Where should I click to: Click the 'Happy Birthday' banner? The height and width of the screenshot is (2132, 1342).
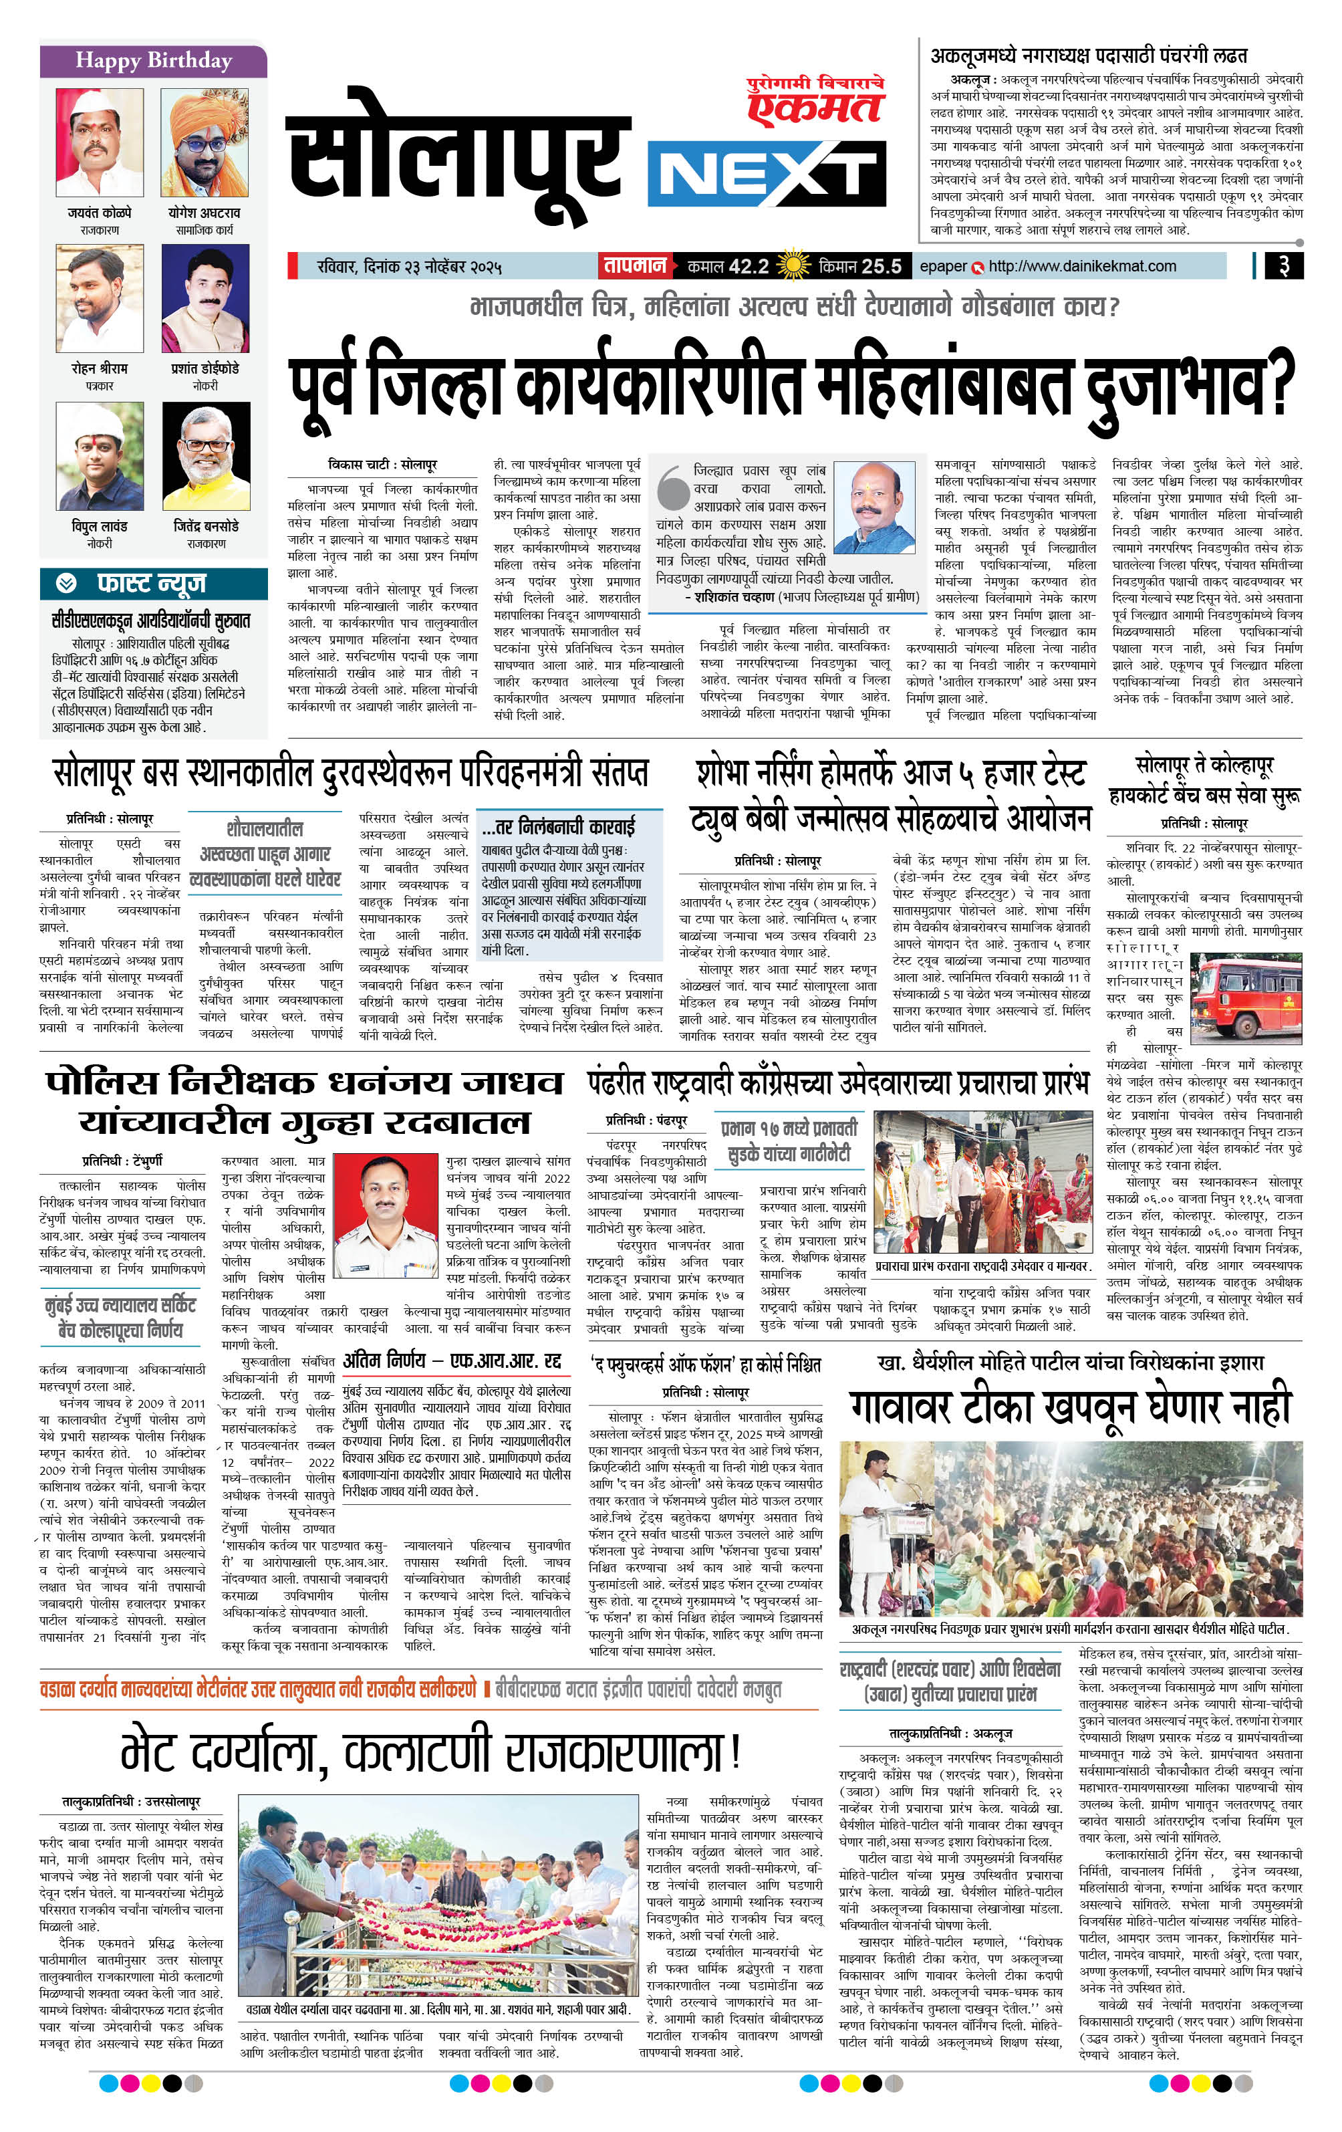(153, 60)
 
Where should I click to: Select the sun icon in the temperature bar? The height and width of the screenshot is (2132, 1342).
(792, 265)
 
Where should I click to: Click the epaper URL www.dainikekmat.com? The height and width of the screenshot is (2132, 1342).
(1082, 265)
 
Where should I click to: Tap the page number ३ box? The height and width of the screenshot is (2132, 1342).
(1283, 265)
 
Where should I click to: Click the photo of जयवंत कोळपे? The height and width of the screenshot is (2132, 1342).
(99, 142)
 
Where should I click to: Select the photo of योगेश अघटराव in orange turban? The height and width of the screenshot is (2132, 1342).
(205, 142)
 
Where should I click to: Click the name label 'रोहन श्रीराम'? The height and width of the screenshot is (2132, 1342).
(99, 368)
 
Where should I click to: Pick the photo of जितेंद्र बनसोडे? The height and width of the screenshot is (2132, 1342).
(207, 456)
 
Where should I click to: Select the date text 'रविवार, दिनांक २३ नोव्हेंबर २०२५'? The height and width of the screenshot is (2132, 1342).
(409, 265)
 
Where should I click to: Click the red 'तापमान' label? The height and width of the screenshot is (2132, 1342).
(634, 265)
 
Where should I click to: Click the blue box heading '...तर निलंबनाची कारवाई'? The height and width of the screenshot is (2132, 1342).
(559, 827)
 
